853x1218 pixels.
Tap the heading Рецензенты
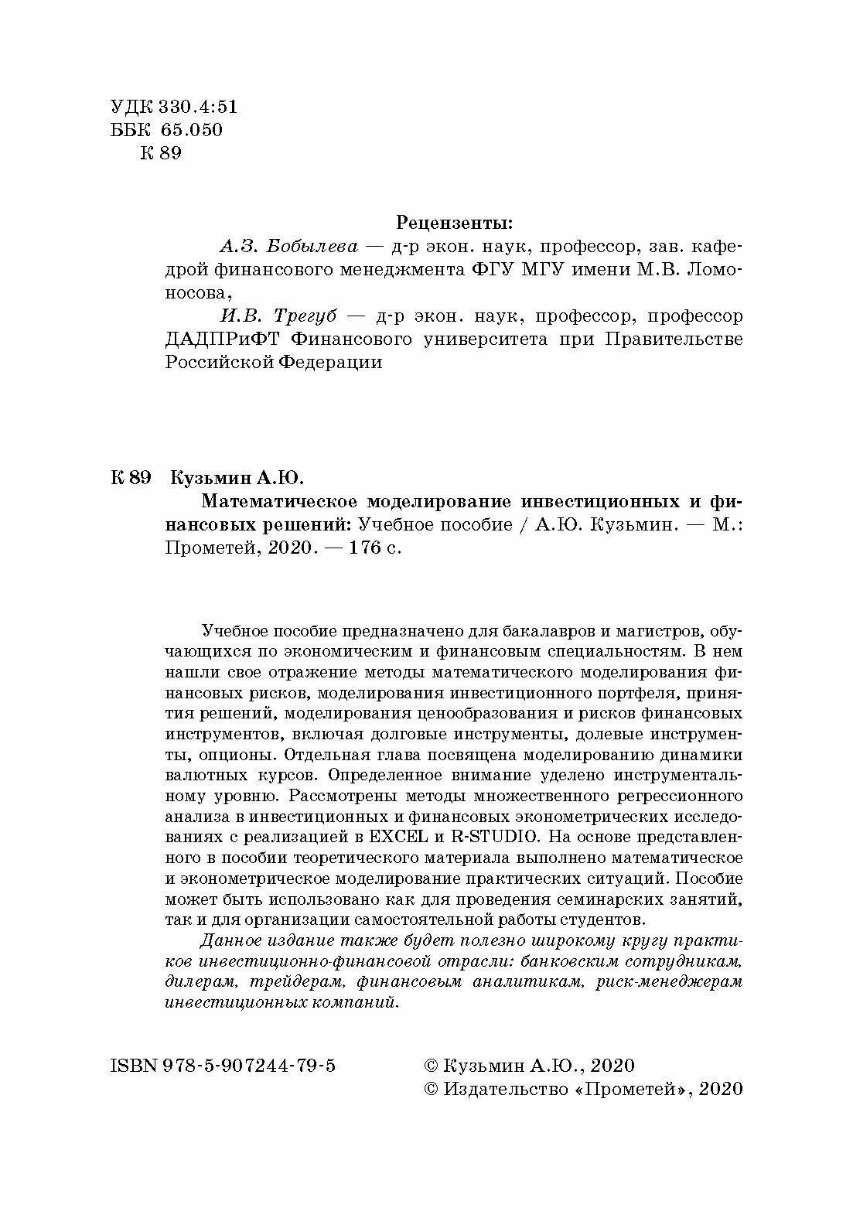click(x=454, y=223)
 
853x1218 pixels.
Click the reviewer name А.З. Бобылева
click(x=288, y=247)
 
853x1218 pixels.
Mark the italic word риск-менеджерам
click(x=670, y=982)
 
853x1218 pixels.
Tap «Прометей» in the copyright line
click(x=628, y=1088)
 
